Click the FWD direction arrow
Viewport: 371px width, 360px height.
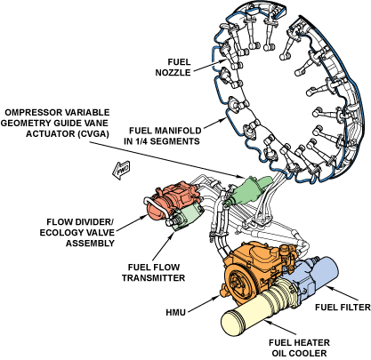121,170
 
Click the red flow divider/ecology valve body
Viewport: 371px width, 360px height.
172,198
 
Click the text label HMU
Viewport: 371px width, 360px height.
176,313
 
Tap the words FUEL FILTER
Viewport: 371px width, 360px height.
343,308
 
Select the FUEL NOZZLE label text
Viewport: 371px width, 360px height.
173,68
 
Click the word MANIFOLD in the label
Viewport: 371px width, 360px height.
178,131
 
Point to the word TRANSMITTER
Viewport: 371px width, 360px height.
154,278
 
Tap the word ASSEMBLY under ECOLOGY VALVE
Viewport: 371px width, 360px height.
90,244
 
